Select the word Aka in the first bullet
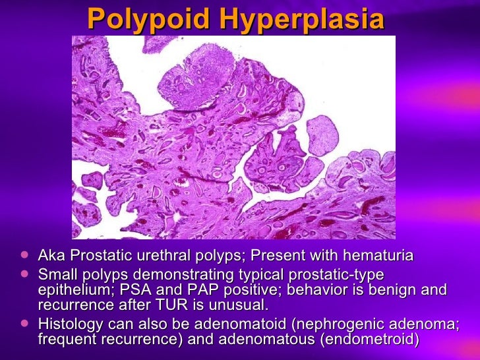51,255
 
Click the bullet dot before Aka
24,255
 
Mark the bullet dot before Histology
24,323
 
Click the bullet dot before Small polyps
24,273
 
